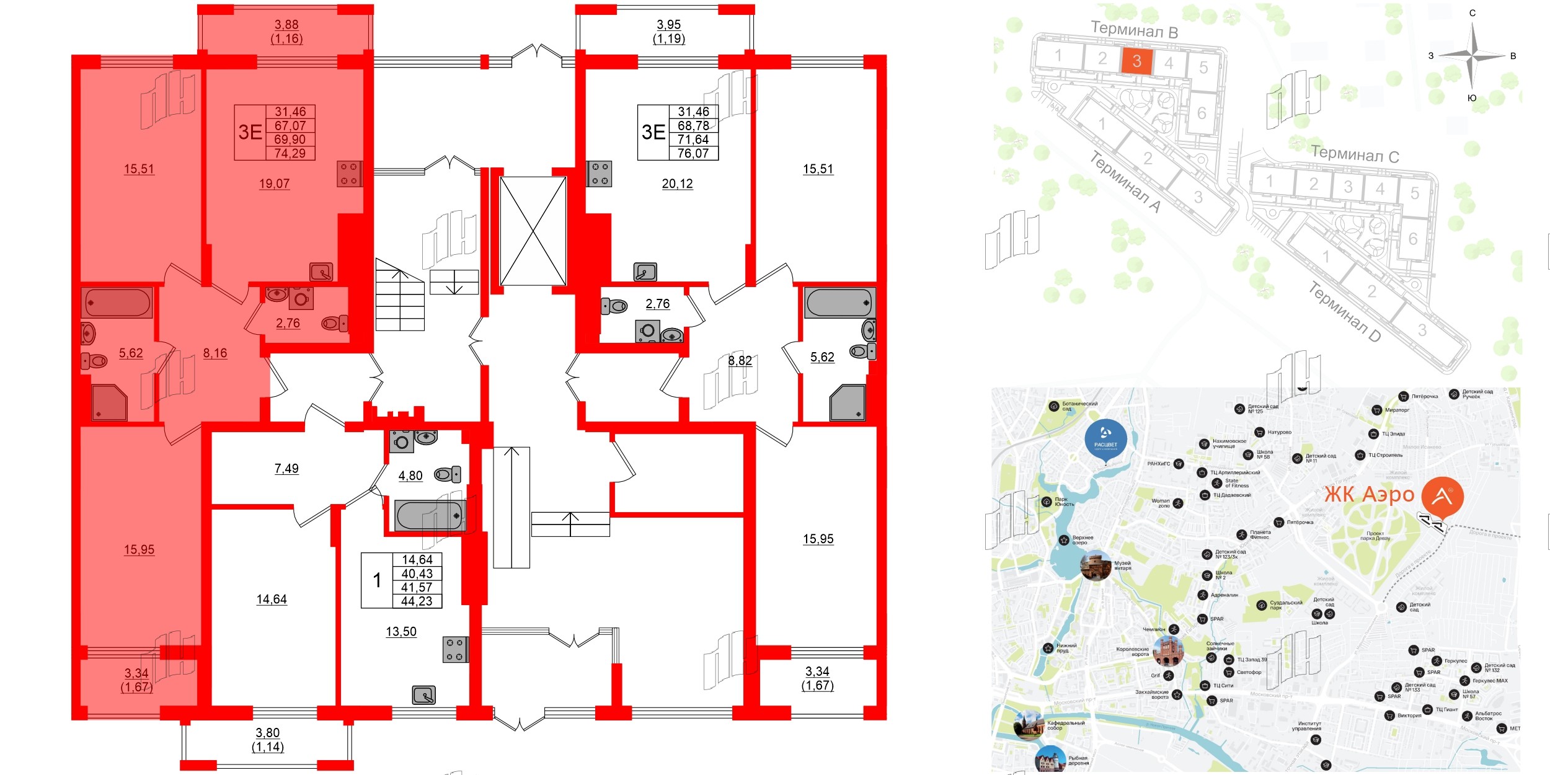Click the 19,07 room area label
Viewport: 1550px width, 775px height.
[x=274, y=184]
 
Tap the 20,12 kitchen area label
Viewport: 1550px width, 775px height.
[x=677, y=184]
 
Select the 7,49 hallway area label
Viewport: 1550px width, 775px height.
[x=286, y=469]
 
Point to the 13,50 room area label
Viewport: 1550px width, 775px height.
[x=401, y=632]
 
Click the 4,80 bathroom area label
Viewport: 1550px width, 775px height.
[x=410, y=476]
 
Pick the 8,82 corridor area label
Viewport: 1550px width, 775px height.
[x=740, y=360]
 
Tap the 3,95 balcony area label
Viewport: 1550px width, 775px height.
[x=669, y=25]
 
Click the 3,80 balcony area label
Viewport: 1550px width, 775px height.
[x=268, y=733]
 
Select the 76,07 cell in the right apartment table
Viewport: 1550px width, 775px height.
[x=693, y=153]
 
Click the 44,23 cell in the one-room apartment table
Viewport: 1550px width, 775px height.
[x=417, y=601]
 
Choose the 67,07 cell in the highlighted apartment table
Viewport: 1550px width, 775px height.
[x=290, y=126]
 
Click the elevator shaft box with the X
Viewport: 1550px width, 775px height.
[x=533, y=231]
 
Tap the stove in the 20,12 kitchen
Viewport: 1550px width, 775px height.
[x=600, y=174]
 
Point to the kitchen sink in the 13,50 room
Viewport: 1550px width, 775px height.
[x=424, y=695]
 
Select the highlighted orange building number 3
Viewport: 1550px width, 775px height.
[x=1136, y=61]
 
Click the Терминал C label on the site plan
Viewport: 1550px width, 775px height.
[x=1355, y=154]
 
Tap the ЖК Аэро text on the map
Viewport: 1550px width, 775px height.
[x=1369, y=495]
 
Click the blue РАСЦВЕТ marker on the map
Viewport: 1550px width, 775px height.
[x=1105, y=439]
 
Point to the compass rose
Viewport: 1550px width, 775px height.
[x=1472, y=56]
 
